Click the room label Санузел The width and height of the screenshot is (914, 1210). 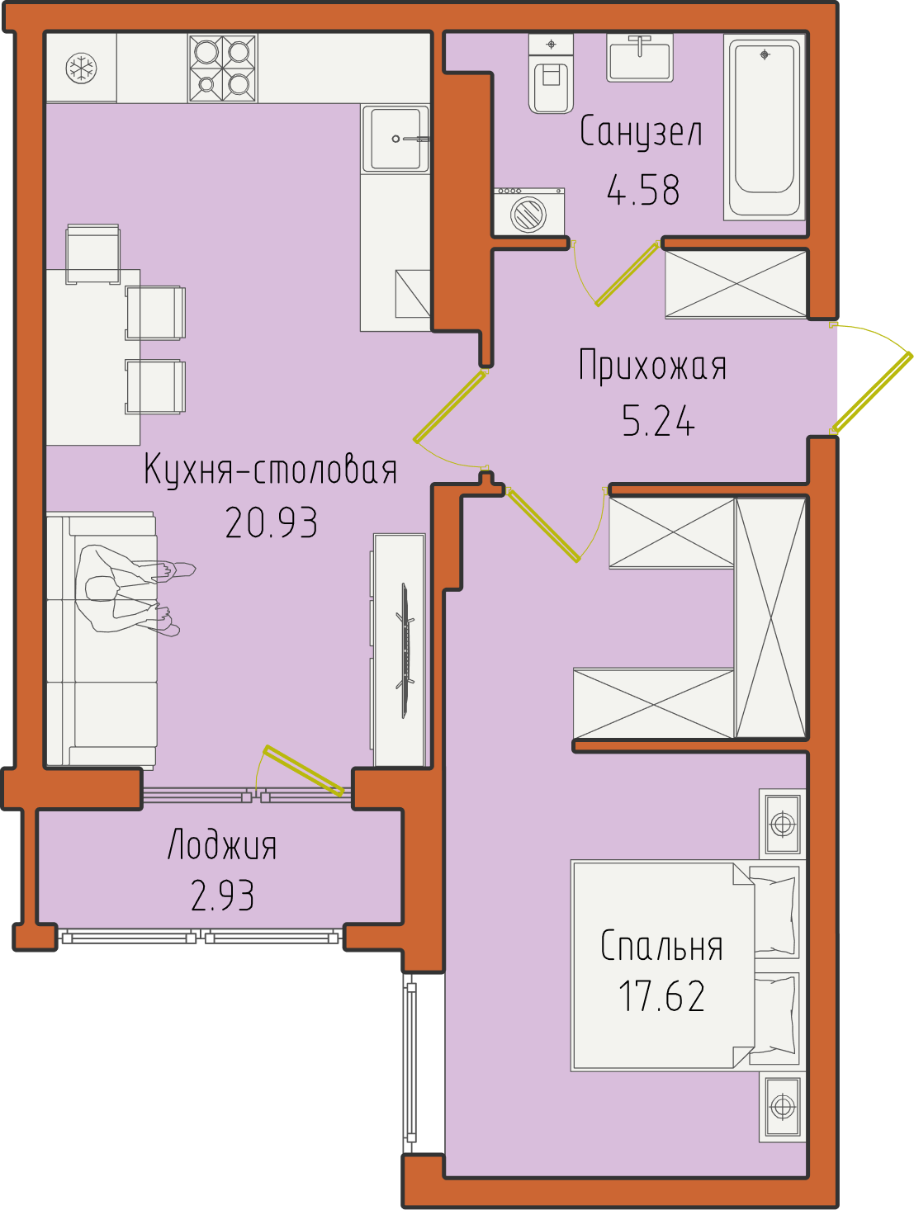tap(641, 132)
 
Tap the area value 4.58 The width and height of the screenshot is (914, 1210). tap(643, 190)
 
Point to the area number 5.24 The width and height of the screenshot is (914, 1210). tap(658, 420)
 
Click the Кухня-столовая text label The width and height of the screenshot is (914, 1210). tap(270, 469)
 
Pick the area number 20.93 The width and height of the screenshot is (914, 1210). tap(271, 522)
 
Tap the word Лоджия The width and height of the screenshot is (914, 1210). tap(221, 846)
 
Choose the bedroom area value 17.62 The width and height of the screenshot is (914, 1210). tap(661, 996)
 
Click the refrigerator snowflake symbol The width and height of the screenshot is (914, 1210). tap(81, 69)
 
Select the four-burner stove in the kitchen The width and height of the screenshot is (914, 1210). tap(223, 69)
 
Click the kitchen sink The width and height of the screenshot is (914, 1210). tap(395, 139)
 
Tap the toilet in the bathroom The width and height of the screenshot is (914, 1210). tap(551, 73)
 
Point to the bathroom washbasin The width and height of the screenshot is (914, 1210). tap(639, 58)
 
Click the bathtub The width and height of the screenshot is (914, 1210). tap(765, 127)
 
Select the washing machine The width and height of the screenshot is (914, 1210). tap(528, 211)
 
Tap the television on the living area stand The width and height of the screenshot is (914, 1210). tap(405, 650)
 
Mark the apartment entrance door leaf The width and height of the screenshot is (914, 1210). tap(872, 392)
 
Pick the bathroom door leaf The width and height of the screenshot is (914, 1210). tap(627, 273)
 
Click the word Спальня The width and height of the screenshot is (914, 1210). tap(661, 946)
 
